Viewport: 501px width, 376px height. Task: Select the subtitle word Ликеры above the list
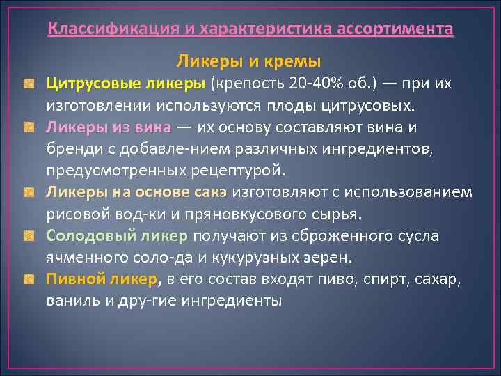206,61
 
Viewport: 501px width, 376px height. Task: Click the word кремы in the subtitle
299,61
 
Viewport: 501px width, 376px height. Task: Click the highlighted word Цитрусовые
93,84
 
